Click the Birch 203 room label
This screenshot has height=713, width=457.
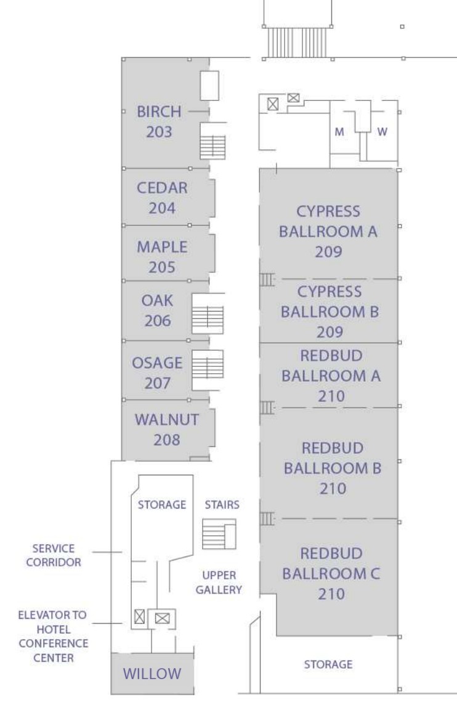159,121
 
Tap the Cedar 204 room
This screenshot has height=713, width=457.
163,198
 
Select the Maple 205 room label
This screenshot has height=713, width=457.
162,257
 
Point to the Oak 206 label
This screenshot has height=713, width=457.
157,310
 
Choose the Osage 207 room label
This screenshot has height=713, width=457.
157,373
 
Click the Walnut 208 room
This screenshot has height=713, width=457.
167,429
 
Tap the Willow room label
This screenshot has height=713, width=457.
152,674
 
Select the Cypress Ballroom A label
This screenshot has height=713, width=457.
328,232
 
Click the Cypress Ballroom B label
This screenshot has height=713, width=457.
330,312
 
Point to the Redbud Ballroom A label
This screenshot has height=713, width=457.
331,376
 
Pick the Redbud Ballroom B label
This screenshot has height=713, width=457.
333,468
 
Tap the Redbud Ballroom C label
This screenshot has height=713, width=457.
331,573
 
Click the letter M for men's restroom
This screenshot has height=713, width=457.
339,132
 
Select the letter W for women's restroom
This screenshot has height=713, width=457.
382,132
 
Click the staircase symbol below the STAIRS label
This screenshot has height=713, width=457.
219,534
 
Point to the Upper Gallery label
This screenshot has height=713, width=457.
219,582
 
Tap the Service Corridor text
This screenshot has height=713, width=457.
54,555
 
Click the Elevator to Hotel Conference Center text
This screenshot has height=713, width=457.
53,636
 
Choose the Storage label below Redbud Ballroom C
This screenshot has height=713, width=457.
328,664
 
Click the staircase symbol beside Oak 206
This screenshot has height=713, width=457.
208,314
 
